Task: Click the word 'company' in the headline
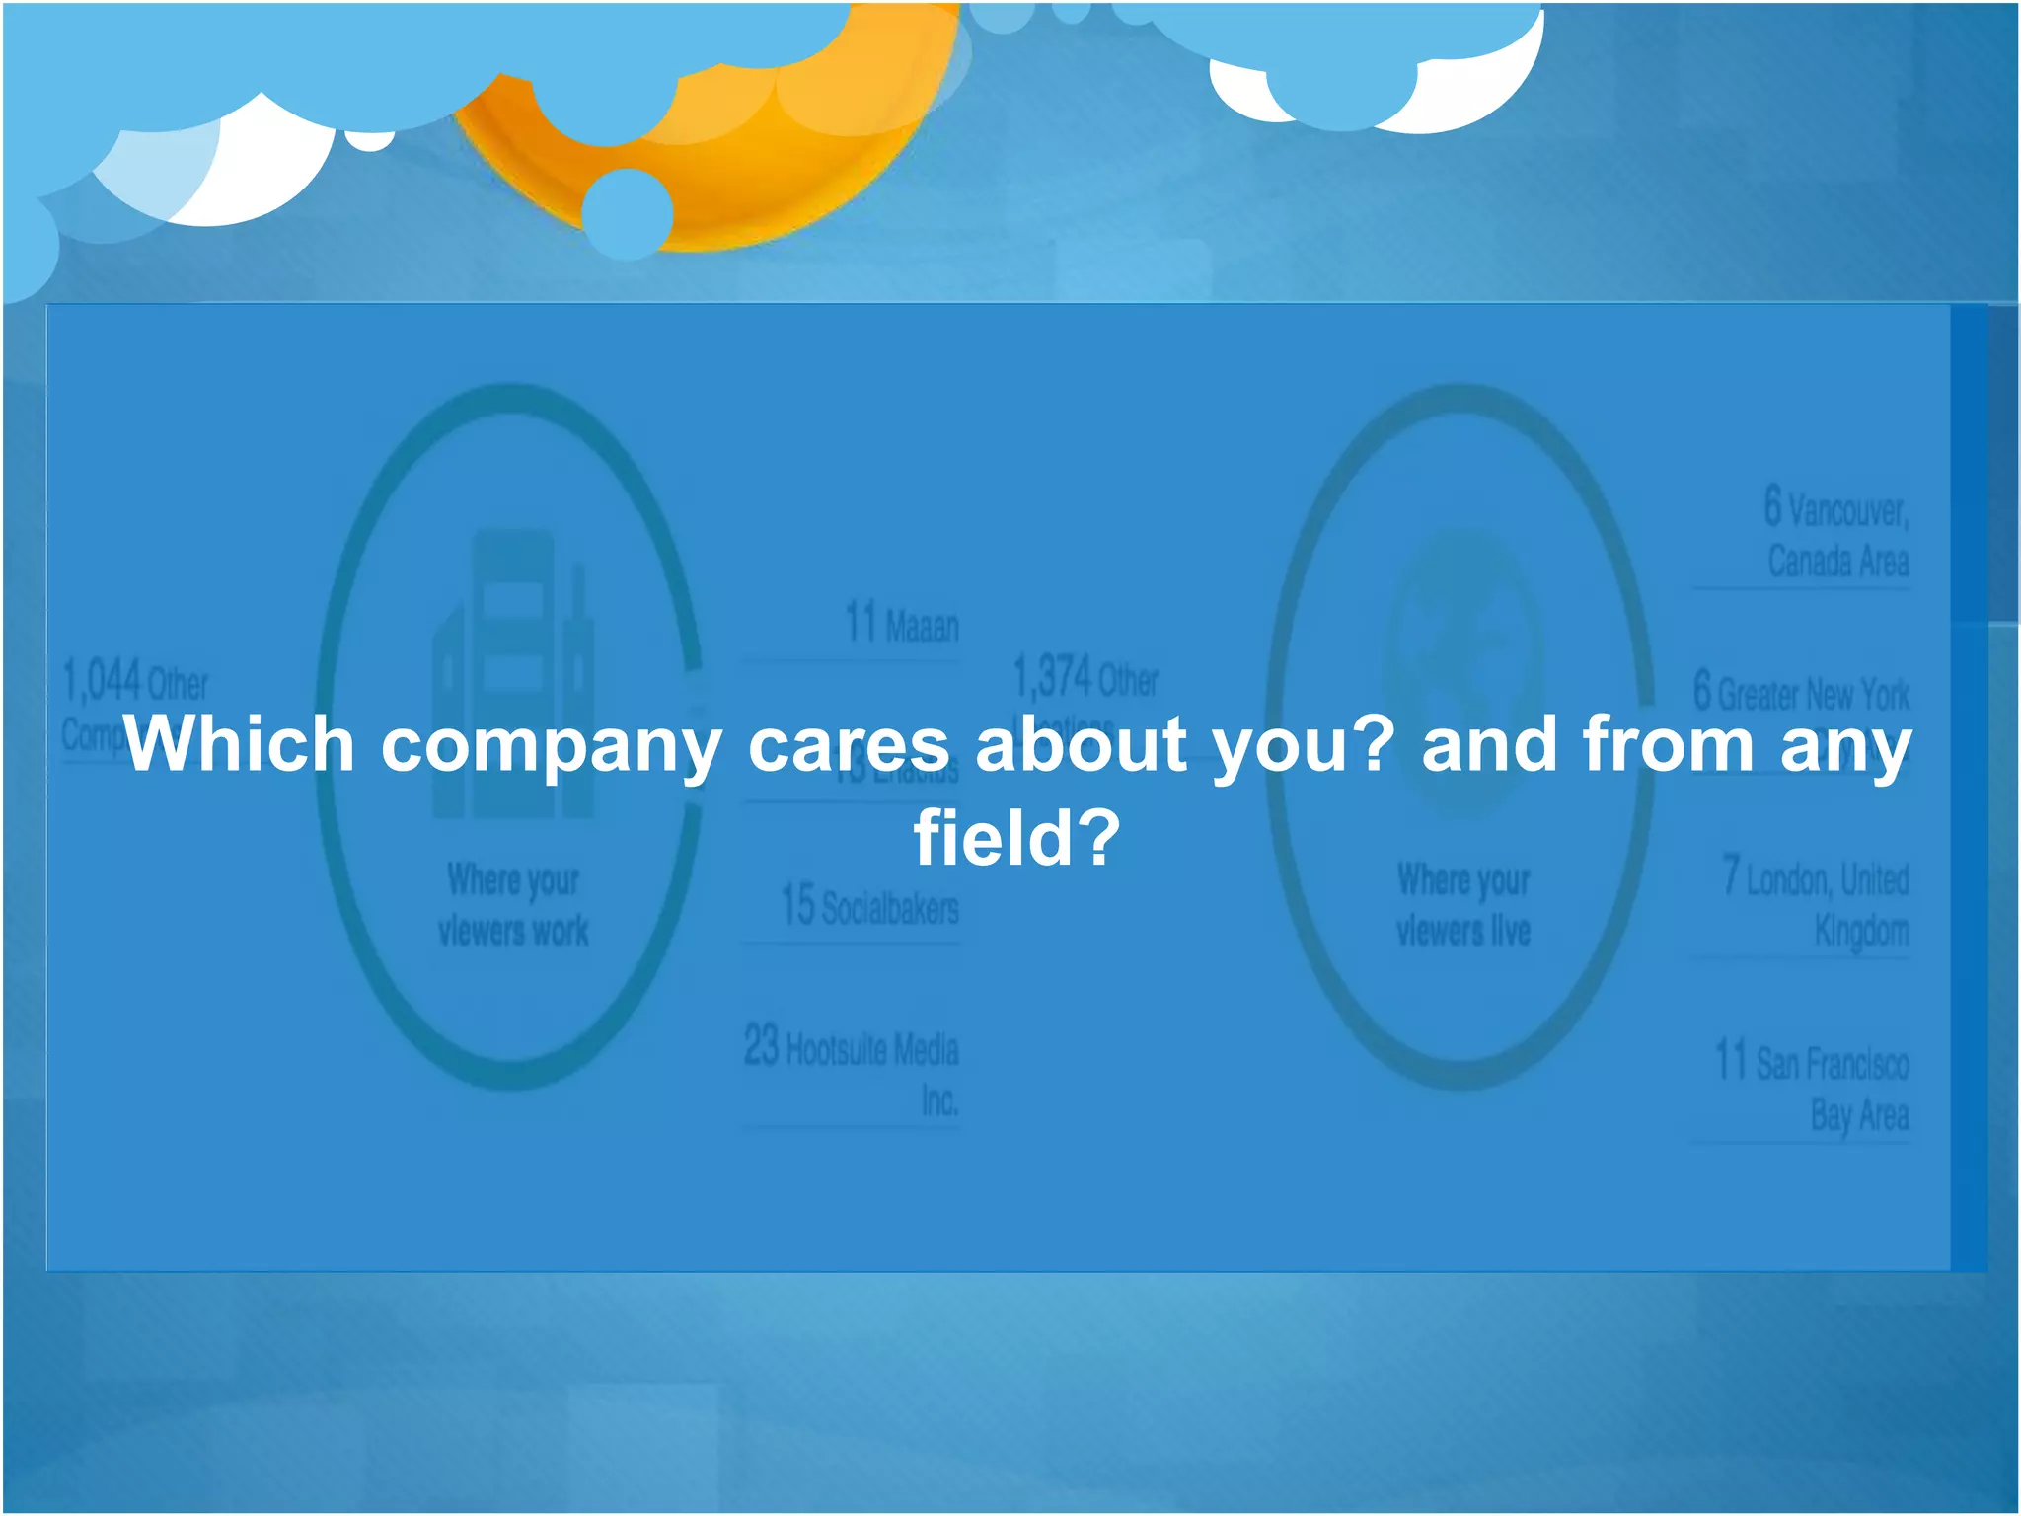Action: (551, 747)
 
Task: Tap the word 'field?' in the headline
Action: (1016, 838)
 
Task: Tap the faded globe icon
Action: (1463, 671)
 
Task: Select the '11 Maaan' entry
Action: (901, 624)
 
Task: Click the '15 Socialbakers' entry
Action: (869, 906)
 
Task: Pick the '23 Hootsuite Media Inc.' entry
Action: (852, 1071)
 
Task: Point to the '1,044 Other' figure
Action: (135, 682)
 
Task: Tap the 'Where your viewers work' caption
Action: (513, 904)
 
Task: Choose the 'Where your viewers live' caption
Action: (1463, 904)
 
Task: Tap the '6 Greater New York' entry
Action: (1801, 692)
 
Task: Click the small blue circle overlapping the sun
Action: (628, 213)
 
